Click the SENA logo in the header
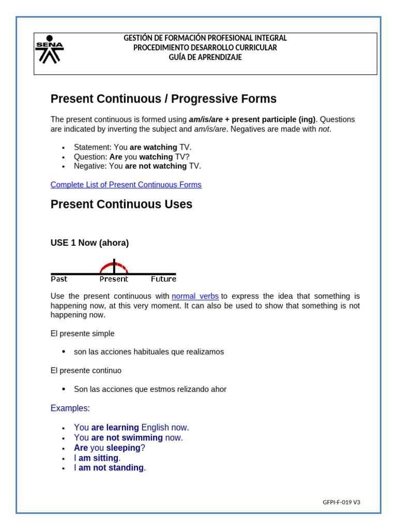click(49, 50)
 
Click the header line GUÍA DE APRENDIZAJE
click(205, 57)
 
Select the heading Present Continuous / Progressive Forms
click(163, 99)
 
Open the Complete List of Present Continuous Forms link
click(126, 185)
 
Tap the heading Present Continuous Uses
click(121, 204)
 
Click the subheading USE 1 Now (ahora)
click(89, 243)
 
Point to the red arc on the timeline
click(114, 266)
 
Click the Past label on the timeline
click(59, 279)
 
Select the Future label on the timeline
click(163, 279)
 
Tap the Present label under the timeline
click(114, 279)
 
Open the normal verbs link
click(195, 296)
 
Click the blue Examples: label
click(70, 408)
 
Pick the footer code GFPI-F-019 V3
click(341, 502)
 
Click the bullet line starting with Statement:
click(132, 148)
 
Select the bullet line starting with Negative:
click(137, 166)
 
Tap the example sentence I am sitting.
click(97, 458)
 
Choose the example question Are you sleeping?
click(109, 448)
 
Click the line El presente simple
click(83, 334)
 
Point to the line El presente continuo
click(86, 371)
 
